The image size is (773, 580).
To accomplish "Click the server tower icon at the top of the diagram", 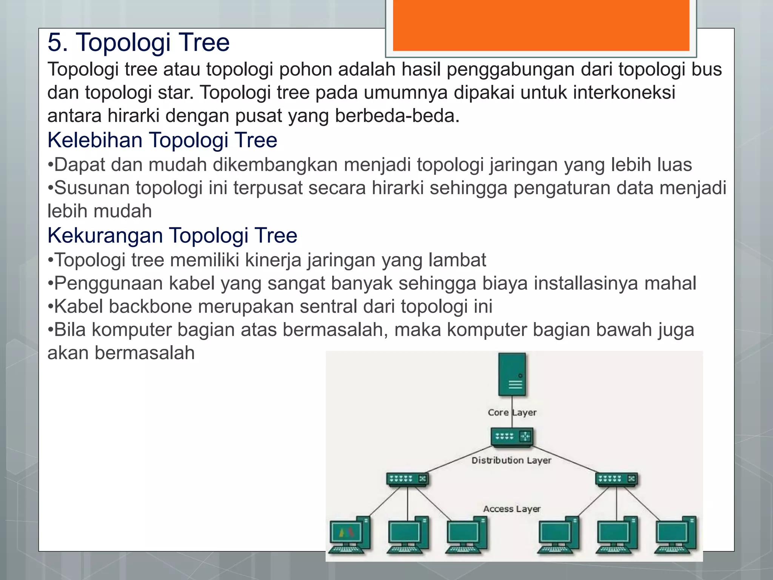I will [512, 374].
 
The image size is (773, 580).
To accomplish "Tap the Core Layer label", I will [512, 412].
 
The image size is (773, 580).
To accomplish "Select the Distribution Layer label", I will [511, 460].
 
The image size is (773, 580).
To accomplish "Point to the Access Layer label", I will [512, 509].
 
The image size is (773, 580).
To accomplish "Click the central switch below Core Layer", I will [512, 437].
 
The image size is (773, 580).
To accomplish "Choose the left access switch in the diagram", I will [407, 479].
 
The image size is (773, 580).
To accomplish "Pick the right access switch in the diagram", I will [616, 479].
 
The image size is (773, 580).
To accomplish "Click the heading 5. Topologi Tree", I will [139, 42].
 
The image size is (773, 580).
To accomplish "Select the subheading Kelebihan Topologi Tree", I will [162, 140].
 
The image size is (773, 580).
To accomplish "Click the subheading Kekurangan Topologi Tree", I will [172, 236].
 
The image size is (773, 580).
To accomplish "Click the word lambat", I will [457, 260].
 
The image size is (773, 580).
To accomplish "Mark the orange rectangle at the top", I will [541, 25].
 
